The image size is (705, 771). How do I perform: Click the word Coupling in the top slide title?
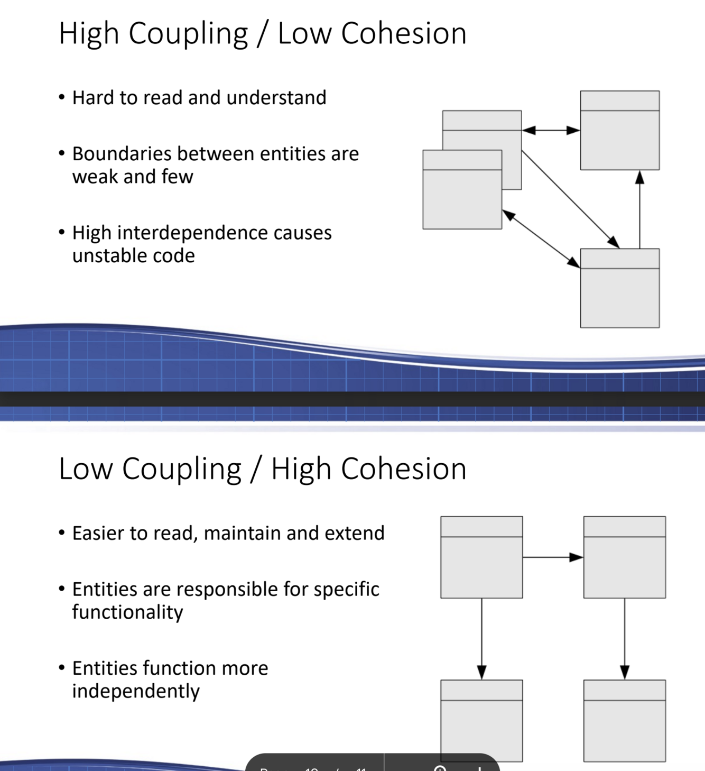coord(188,34)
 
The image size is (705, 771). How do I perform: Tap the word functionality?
coord(127,612)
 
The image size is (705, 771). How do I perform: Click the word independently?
coord(136,691)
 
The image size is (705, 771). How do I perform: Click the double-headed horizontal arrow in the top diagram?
coord(551,130)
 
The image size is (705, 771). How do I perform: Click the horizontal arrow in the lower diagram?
coord(553,557)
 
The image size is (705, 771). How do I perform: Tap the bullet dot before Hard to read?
coord(62,98)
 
